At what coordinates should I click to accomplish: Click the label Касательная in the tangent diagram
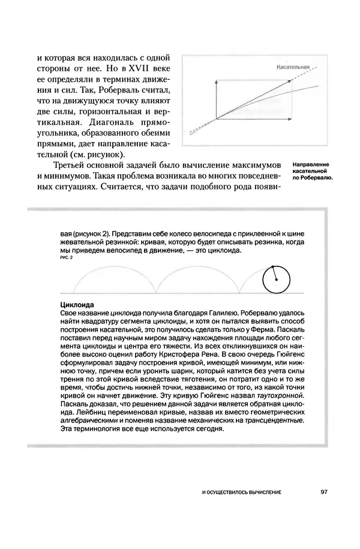coord(292,67)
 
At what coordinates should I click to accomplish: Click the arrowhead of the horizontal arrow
coord(290,119)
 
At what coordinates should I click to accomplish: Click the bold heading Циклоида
coord(79,305)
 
